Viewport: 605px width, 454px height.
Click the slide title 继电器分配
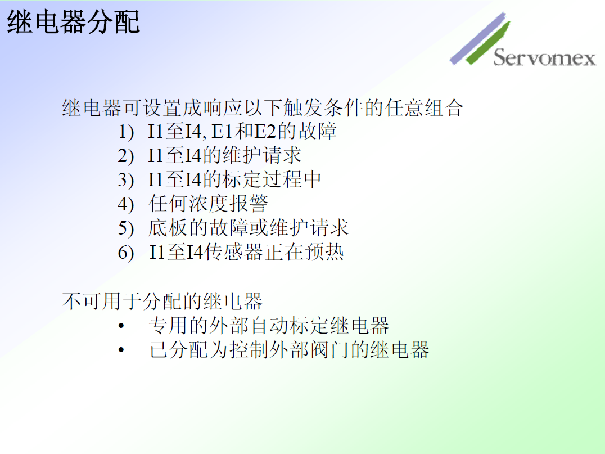coord(73,22)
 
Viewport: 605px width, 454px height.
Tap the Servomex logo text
coord(544,58)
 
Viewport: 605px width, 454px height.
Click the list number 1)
coord(126,132)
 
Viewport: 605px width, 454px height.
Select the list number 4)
coord(126,204)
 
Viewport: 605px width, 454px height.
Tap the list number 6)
coord(126,253)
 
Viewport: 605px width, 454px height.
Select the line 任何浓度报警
coord(208,204)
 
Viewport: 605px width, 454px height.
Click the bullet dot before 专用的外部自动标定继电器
coord(121,326)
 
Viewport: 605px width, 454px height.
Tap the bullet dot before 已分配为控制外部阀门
coord(121,350)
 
